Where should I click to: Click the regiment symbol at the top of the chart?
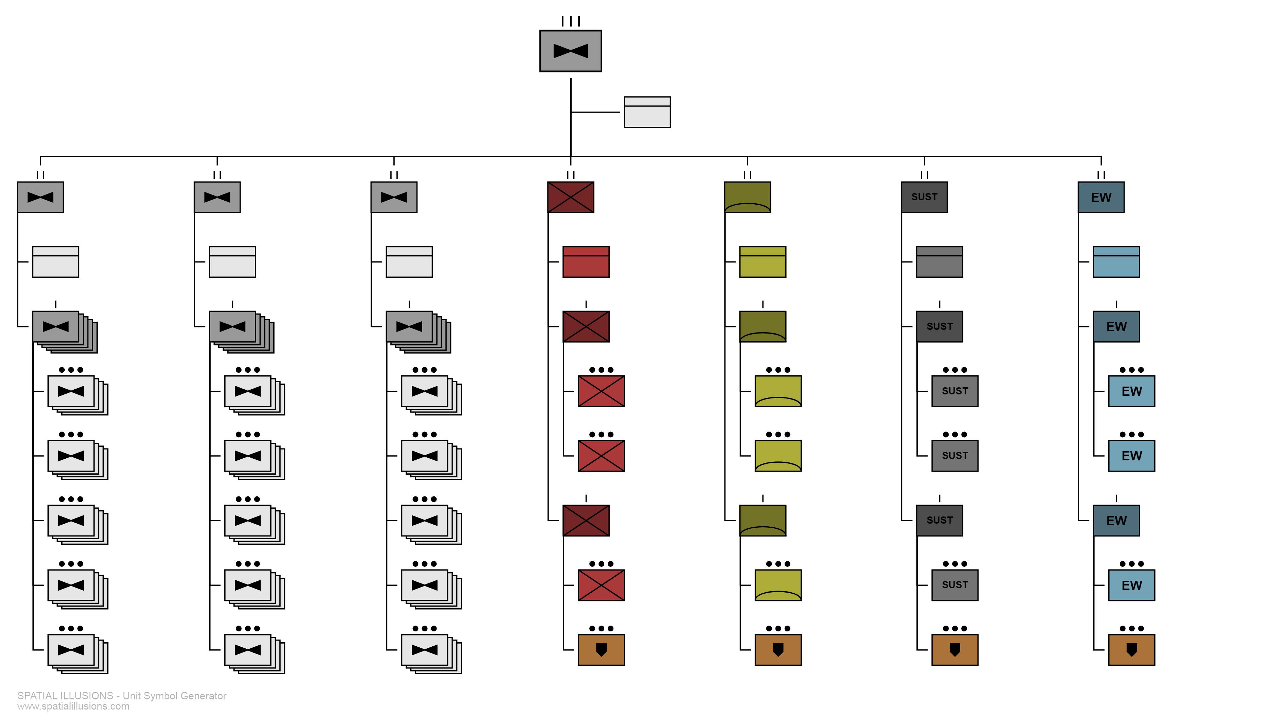click(571, 51)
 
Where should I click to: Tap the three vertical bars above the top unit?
click(571, 21)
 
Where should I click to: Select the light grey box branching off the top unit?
click(647, 112)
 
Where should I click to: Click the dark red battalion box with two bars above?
click(571, 197)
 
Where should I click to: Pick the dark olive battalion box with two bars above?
click(747, 197)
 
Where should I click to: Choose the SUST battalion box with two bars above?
click(924, 197)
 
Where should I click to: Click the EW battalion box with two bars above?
click(1101, 197)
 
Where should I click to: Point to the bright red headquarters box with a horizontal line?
click(586, 262)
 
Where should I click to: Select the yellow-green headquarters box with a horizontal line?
click(763, 262)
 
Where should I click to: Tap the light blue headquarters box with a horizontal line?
click(1116, 262)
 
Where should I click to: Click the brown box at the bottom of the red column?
click(601, 649)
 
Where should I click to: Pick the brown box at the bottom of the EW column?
click(1132, 649)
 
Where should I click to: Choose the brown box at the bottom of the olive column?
click(778, 649)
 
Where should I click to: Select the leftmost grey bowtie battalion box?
click(40, 197)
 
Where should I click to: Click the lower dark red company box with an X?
click(586, 521)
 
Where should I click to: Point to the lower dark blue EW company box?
click(1116, 521)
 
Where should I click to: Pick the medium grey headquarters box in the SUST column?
click(939, 262)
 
